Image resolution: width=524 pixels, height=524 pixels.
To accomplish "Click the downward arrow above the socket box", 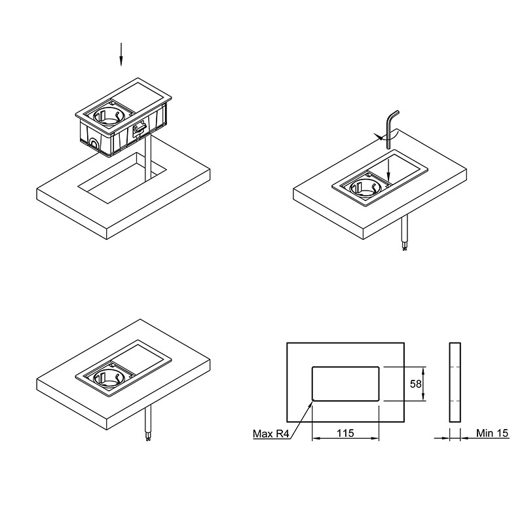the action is (121, 54).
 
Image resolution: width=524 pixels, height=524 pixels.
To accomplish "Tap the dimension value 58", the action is (416, 384).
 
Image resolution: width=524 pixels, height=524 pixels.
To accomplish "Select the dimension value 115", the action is (345, 433).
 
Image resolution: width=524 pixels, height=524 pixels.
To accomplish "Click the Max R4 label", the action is (271, 434).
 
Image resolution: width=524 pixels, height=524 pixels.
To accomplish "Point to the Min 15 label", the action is (492, 433).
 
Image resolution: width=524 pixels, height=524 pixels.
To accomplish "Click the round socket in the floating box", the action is (107, 117).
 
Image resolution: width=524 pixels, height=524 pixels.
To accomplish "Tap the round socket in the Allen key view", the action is (364, 187).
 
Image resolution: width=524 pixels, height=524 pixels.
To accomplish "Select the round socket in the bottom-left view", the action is (108, 378).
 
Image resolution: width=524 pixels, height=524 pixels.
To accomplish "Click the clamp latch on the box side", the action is (140, 128).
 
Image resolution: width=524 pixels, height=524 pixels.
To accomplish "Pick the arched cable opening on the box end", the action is (93, 143).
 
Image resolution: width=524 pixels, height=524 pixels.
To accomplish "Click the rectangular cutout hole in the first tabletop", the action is (122, 178).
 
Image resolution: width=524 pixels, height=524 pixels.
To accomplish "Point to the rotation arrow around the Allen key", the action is (386, 136).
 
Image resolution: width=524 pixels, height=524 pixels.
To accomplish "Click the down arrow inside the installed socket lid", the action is (388, 170).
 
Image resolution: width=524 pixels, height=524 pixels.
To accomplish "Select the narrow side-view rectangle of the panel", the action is (455, 382).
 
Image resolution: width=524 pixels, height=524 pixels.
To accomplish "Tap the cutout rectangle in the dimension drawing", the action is (346, 384).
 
